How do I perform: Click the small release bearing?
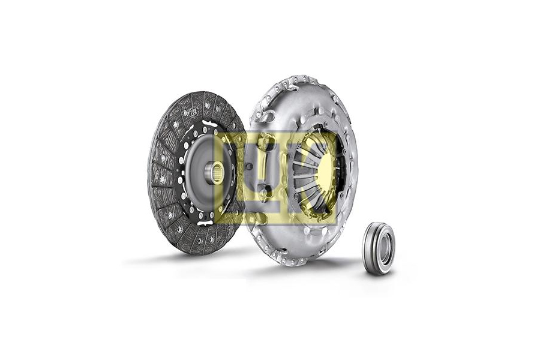(378, 248)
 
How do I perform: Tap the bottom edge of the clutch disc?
(192, 253)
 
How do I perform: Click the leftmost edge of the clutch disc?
(148, 174)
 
